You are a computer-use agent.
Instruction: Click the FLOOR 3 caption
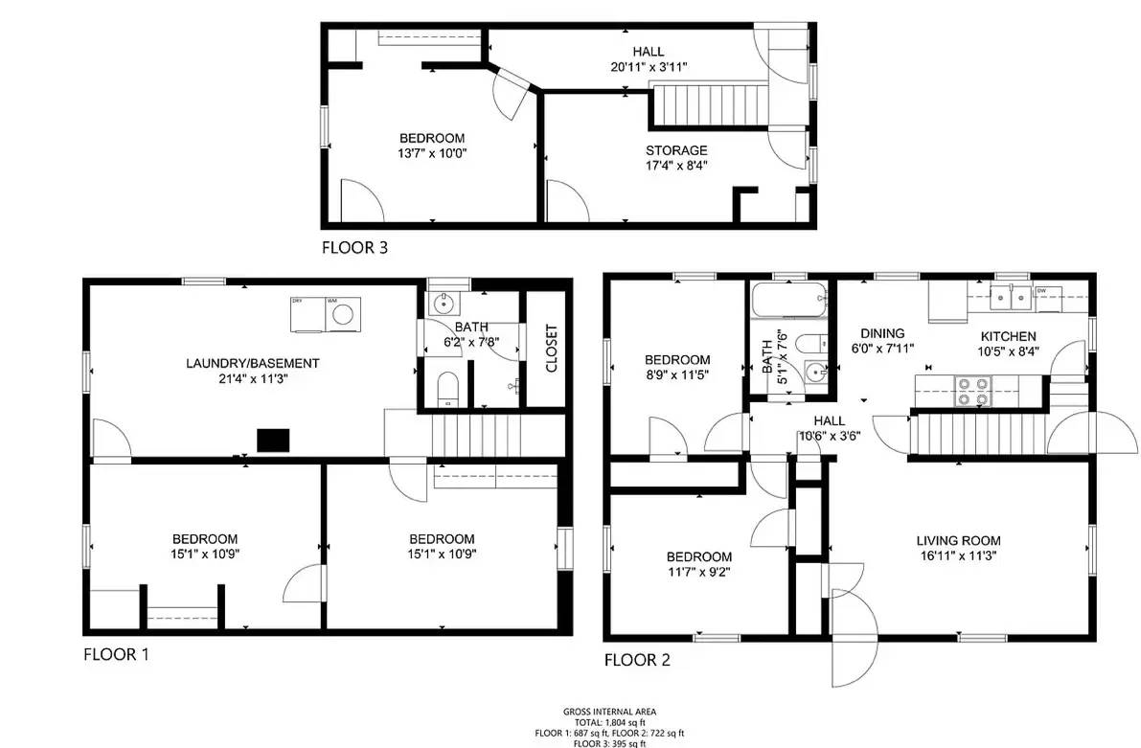pyautogui.click(x=354, y=248)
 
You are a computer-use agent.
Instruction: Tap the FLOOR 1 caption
pyautogui.click(x=116, y=655)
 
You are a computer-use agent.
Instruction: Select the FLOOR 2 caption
pyautogui.click(x=636, y=660)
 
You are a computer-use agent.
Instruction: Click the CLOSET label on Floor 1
pyautogui.click(x=551, y=350)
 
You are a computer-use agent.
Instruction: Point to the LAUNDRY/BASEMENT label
pyautogui.click(x=252, y=364)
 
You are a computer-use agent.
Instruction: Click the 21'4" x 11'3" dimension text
pyautogui.click(x=252, y=379)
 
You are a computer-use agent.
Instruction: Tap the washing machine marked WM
pyautogui.click(x=344, y=314)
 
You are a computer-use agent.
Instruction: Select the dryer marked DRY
pyautogui.click(x=307, y=314)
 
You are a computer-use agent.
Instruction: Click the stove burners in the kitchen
pyautogui.click(x=974, y=389)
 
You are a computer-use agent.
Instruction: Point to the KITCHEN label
pyautogui.click(x=1007, y=336)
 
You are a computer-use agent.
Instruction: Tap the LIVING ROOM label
pyautogui.click(x=958, y=541)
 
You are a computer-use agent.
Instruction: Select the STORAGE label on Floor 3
pyautogui.click(x=676, y=150)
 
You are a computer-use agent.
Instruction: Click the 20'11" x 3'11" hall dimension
pyautogui.click(x=648, y=67)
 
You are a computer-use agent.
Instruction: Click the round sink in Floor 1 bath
pyautogui.click(x=444, y=305)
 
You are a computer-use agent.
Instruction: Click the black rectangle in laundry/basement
pyautogui.click(x=273, y=440)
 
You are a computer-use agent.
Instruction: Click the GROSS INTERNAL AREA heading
pyautogui.click(x=609, y=712)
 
